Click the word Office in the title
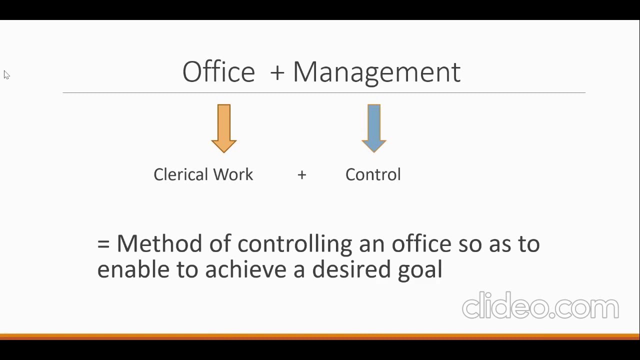tap(218, 72)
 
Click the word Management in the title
tap(376, 72)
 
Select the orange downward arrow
tap(224, 128)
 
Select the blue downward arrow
tap(374, 128)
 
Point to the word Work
tap(233, 174)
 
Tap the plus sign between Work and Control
tap(301, 175)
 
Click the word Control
tap(373, 174)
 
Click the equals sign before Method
tap(103, 244)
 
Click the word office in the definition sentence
tap(421, 243)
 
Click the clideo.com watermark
tap(540, 306)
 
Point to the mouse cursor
tap(6, 75)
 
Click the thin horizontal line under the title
tap(324, 92)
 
